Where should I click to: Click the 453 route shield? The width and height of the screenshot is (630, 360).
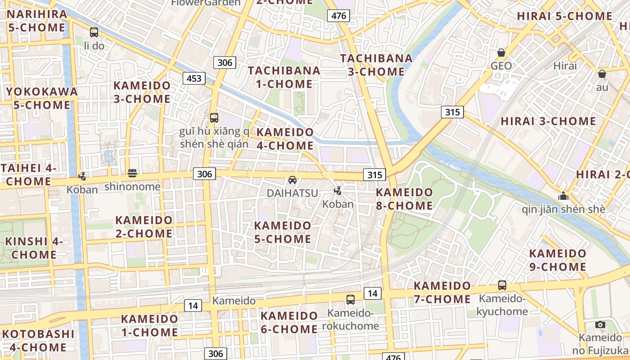point(194,78)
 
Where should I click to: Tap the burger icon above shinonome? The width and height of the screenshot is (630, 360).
point(132,173)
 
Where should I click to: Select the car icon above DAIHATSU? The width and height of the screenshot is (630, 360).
point(292,180)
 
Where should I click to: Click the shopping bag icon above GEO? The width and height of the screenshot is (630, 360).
point(501,53)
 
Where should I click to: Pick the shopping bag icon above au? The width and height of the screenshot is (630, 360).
point(602,74)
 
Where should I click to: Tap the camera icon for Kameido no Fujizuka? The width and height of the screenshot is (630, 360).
point(600,324)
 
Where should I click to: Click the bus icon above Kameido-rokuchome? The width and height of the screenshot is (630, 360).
point(351,299)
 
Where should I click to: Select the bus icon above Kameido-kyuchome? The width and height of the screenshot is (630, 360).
point(502,285)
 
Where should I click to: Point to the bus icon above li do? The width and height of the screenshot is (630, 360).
point(94,32)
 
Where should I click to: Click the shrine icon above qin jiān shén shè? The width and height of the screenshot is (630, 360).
point(563,196)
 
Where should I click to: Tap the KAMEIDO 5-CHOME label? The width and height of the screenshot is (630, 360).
point(283,232)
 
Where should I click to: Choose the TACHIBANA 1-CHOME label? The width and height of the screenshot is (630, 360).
point(284,77)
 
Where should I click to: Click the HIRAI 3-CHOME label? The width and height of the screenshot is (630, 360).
point(548,121)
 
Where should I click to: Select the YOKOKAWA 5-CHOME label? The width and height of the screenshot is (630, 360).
point(41,98)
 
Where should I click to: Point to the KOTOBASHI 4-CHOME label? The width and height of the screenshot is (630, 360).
point(38,341)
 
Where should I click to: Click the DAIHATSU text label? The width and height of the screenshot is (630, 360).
point(292,193)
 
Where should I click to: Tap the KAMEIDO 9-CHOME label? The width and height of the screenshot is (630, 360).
point(558,260)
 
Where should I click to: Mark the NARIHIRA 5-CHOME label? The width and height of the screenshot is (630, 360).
point(37,21)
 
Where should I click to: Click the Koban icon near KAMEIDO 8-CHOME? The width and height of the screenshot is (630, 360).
point(337,191)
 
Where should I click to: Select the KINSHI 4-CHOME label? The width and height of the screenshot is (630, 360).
point(34,248)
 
